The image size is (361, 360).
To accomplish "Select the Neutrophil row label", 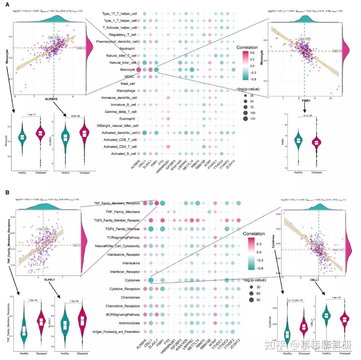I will tap(126, 48).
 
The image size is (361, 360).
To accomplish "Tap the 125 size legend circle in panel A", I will tap(246, 119).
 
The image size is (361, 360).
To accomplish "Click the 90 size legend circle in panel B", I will tap(250, 299).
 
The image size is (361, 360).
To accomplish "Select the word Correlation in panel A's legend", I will tap(247, 47).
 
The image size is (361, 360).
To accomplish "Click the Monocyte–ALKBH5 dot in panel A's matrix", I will tap(138, 70).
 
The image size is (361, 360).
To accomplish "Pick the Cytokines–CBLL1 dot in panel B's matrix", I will tap(151, 280).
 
